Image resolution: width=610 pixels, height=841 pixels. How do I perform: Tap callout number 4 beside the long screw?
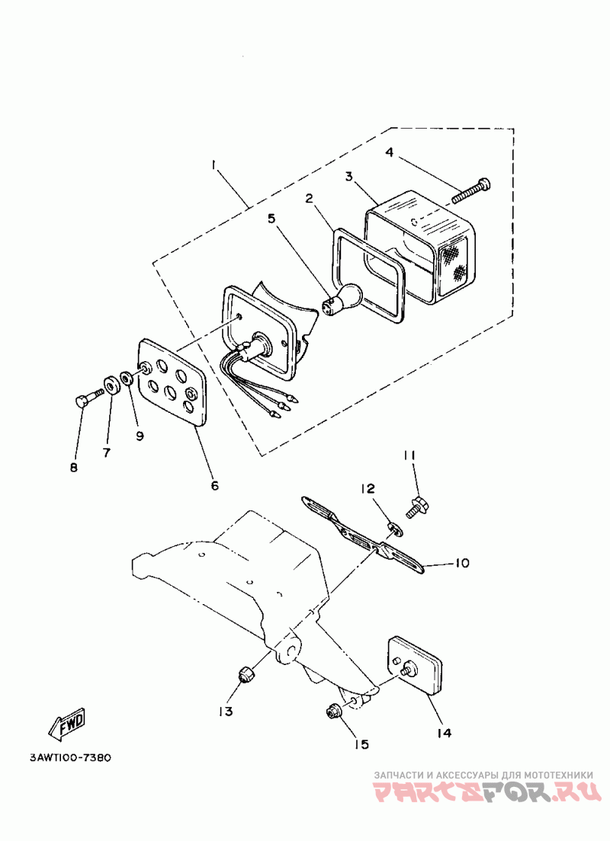tap(389, 152)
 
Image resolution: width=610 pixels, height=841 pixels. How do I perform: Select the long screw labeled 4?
tap(470, 190)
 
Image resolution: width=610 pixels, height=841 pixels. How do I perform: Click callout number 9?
tap(140, 436)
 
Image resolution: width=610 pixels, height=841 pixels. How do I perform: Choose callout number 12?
tap(368, 488)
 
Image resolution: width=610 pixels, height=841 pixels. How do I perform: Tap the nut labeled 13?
tap(246, 674)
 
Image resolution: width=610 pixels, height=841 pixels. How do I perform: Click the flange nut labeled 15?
tap(333, 711)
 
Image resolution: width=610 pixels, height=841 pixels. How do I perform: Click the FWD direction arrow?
tap(67, 724)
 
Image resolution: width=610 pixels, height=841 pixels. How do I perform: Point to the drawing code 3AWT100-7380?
tap(70, 758)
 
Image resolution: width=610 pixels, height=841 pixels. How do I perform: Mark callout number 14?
tap(444, 733)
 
